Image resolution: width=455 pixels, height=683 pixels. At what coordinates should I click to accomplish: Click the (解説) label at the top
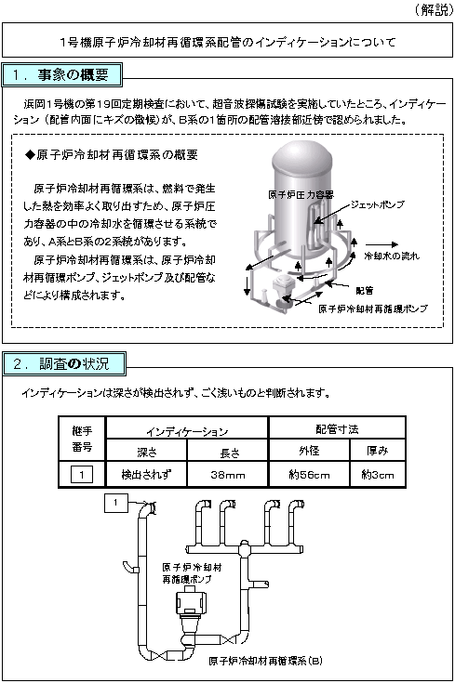point(434,9)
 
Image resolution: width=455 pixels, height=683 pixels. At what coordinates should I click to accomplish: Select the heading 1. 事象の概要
point(61,75)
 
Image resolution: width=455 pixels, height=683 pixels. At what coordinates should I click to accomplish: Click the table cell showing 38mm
point(228,474)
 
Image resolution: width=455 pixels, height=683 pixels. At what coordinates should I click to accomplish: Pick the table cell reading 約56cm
point(309,474)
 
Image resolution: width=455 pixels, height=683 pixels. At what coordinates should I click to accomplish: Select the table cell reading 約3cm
point(378,474)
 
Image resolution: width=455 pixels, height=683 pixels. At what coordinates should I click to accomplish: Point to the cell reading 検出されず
point(146,474)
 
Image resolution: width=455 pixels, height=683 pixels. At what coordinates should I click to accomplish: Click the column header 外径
point(309,451)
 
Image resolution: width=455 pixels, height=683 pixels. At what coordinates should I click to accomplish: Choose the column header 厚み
point(378,451)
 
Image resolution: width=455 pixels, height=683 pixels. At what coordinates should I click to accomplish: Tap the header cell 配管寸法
point(337,429)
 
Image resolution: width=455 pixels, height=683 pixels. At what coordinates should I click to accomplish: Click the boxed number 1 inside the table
point(82,474)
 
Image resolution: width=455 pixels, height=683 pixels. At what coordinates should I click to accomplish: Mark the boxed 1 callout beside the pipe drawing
point(115,503)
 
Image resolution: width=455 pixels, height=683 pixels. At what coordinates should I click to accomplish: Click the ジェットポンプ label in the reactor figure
point(378,204)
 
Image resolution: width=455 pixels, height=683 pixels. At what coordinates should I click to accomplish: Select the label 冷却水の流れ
point(392,256)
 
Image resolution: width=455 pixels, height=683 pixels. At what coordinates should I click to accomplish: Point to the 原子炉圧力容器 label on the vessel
point(301,195)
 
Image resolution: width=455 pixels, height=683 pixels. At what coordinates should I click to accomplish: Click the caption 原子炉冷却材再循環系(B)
point(266,661)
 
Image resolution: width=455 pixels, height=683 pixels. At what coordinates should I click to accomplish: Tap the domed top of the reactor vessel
point(301,156)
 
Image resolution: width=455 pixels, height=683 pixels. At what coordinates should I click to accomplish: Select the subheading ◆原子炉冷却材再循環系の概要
point(112,154)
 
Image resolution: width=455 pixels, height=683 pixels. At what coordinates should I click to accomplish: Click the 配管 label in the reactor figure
point(364,291)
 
